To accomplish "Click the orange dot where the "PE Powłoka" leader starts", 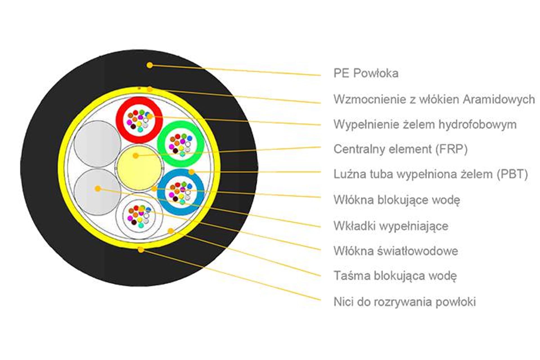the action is pos(150,65).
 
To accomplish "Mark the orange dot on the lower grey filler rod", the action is pos(98,189).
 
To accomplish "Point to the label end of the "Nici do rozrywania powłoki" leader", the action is pos(320,300).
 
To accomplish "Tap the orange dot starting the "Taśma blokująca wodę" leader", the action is pos(170,231).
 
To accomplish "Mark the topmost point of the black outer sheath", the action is pos(139,50).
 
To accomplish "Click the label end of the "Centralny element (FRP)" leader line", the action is pos(320,147).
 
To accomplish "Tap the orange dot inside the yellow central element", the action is pos(136,155).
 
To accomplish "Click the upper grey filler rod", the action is pos(97,144).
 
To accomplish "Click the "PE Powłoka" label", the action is pos(366,73).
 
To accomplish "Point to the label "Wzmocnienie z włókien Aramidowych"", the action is pos(434,99).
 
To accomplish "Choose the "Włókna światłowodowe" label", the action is pos(396,251).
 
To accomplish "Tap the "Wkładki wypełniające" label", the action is pos(391,226).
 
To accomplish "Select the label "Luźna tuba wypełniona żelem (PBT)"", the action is pos(431,174).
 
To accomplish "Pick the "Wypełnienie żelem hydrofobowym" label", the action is pos(425,124).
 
